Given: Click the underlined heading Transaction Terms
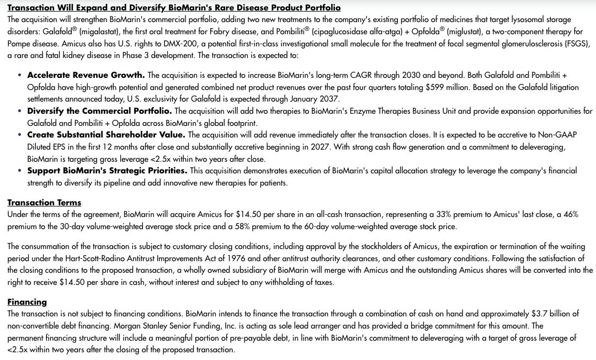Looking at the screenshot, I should (44, 203).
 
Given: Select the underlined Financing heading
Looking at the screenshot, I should (27, 302).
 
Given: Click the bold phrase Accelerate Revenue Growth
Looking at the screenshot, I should (86, 75).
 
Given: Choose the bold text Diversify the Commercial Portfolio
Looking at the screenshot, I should (99, 111).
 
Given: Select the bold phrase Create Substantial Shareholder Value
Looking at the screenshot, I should (106, 135).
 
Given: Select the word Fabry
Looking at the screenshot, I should (215, 31).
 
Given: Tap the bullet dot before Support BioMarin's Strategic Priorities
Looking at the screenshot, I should (20, 171).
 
